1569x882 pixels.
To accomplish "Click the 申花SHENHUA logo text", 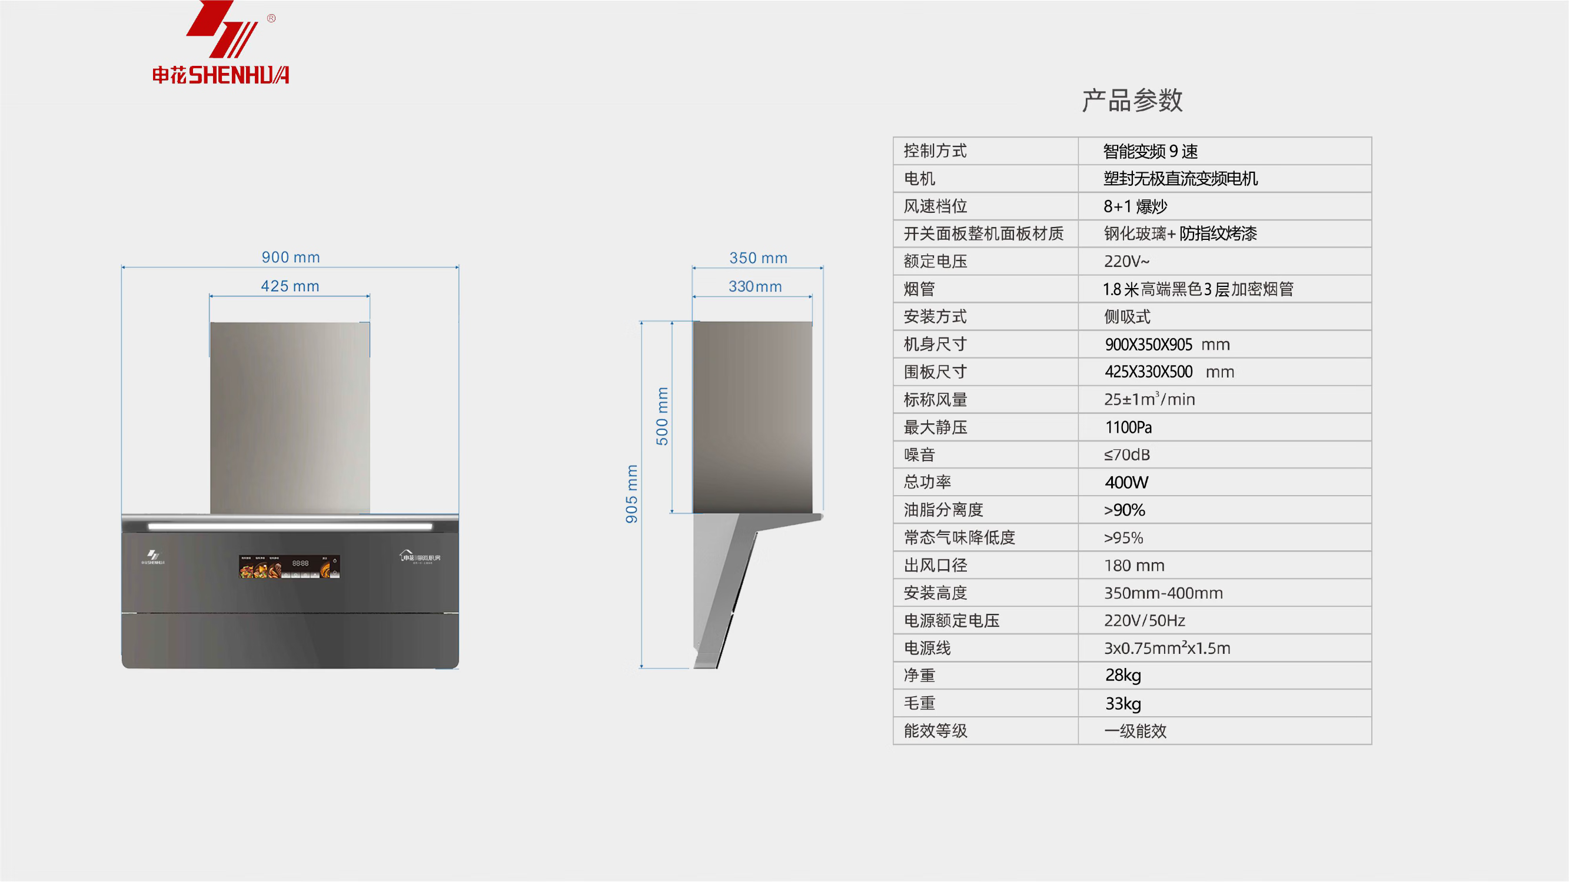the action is (221, 75).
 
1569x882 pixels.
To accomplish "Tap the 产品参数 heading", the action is (1132, 101).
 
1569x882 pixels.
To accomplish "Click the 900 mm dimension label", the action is (291, 258).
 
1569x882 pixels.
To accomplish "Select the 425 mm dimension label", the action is (290, 286).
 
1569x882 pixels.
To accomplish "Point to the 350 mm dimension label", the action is (758, 258).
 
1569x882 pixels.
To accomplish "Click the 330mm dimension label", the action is (755, 286).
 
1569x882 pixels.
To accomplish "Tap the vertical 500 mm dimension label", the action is (662, 416).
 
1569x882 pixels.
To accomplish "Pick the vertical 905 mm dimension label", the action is (631, 494).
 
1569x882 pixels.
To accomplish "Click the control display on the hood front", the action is (290, 566).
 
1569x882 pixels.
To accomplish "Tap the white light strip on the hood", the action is (290, 526).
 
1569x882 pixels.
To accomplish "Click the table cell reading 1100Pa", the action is (1128, 427).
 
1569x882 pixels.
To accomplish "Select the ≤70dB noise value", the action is (1127, 455).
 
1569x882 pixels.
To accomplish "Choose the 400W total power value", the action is (1126, 483).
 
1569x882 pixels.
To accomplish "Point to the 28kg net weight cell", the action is (1123, 676).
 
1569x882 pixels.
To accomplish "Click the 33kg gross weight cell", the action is (1123, 704).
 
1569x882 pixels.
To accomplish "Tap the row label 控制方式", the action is (935, 151).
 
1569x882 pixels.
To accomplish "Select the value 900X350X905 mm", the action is (1167, 345).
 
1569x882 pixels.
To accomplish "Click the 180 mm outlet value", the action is (1134, 566).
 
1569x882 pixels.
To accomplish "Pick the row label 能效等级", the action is (935, 731).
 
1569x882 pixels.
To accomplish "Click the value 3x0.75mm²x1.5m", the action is (1167, 648).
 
